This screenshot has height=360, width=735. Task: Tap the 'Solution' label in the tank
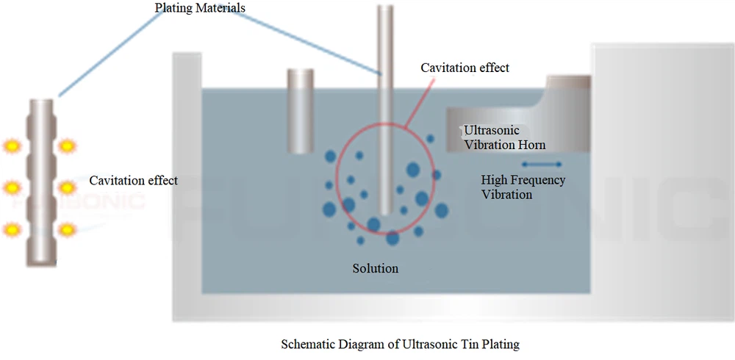(x=375, y=268)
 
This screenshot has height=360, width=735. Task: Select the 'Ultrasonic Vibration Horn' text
(x=504, y=137)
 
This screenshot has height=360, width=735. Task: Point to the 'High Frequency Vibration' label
(x=523, y=187)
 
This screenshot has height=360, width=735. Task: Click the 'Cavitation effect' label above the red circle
(x=465, y=68)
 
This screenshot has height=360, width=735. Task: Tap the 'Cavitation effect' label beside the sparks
(x=133, y=180)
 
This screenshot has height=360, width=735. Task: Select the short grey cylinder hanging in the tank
(x=301, y=110)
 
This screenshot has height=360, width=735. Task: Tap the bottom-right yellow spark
(x=68, y=231)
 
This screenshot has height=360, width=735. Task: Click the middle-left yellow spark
(x=12, y=188)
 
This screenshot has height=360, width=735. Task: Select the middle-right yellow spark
(x=68, y=188)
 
